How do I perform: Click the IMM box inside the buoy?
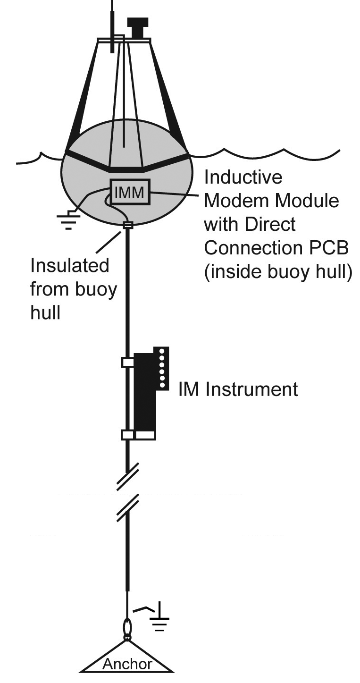130,192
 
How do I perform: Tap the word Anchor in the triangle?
127,664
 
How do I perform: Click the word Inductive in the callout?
243,177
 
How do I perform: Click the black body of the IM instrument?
144,396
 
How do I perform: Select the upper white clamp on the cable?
127,362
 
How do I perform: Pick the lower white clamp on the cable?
127,434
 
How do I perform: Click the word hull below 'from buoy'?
45,312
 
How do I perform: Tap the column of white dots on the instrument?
162,368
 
